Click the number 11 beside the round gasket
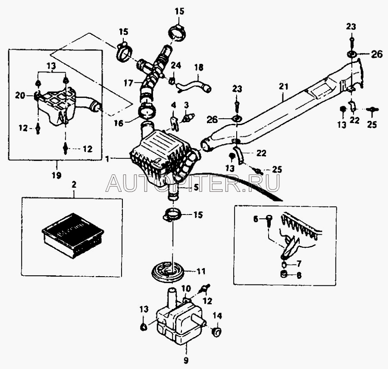pos(201,271)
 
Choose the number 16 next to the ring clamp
pos(119,123)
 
